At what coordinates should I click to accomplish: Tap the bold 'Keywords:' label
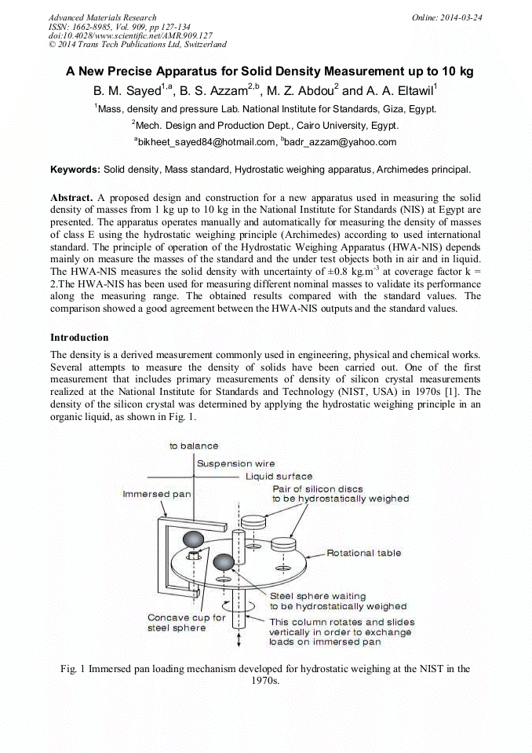tap(75, 169)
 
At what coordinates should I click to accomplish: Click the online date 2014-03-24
tap(465, 17)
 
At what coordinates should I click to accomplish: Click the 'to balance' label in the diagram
tap(194, 446)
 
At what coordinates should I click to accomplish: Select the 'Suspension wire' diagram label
tap(235, 464)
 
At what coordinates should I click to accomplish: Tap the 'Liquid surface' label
tap(279, 476)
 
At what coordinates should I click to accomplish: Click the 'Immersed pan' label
tap(157, 494)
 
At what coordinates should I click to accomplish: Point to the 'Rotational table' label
tap(363, 553)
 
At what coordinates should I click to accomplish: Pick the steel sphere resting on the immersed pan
tap(193, 539)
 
